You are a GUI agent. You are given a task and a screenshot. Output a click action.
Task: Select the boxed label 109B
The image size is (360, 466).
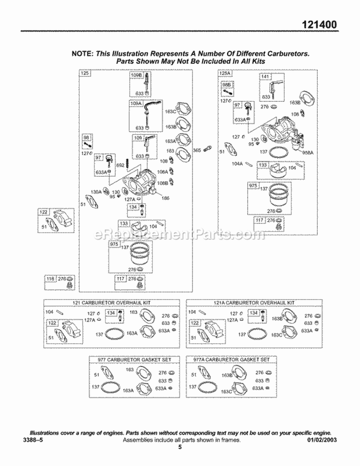point(136,75)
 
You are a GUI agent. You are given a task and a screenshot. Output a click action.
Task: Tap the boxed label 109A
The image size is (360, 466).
point(136,103)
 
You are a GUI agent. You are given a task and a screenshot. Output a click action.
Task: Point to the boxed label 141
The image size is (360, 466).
point(265,77)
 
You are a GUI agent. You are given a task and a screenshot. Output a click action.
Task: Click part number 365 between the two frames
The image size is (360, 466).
point(197,150)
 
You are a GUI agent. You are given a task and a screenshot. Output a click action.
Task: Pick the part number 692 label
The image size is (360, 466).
point(120,165)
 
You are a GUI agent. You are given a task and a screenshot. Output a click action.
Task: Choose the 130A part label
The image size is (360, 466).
point(97,191)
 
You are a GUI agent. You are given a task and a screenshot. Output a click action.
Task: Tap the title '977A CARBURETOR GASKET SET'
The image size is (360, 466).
point(231,359)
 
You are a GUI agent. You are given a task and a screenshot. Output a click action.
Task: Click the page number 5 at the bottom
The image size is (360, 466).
point(180,447)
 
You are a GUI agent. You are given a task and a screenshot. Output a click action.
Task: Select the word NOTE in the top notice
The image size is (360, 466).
point(82,54)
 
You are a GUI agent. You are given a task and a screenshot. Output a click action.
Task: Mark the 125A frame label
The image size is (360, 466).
point(225,74)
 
